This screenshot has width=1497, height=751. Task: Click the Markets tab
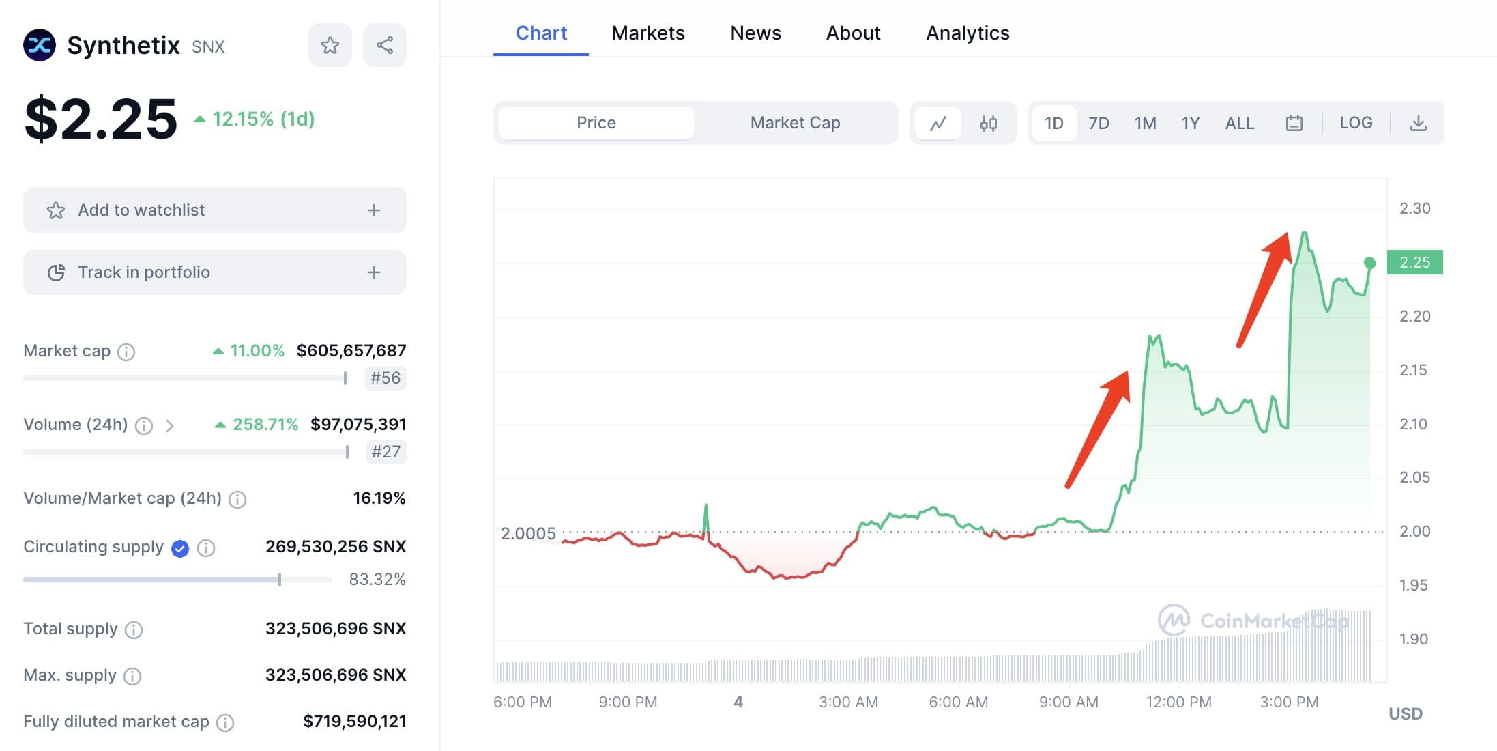coord(648,33)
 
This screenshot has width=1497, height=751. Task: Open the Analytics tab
coord(967,33)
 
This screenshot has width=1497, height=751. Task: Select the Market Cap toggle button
coord(795,123)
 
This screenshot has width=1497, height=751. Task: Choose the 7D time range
coord(1099,123)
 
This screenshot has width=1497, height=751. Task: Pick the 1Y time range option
coord(1190,123)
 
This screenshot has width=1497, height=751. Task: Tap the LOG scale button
coord(1355,123)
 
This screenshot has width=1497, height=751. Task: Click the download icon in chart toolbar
coord(1418,123)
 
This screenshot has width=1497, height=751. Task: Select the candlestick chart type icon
coord(988,123)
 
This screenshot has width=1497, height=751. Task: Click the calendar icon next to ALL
coord(1294,123)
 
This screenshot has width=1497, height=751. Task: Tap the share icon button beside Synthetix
coord(385,45)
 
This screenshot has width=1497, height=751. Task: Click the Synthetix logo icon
coord(40,45)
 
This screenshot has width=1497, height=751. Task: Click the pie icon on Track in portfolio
coord(56,272)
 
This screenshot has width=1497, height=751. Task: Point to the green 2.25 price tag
coord(1414,262)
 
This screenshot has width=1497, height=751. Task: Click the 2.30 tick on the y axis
coord(1414,208)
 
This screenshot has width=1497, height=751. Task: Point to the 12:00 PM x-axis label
coord(1178,702)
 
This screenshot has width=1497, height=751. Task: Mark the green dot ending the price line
coord(1369,263)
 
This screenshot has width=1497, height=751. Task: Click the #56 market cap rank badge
coord(386,378)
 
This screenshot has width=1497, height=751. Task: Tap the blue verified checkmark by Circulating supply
coord(180,548)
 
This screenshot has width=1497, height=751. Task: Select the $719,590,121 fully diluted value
coord(354,721)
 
